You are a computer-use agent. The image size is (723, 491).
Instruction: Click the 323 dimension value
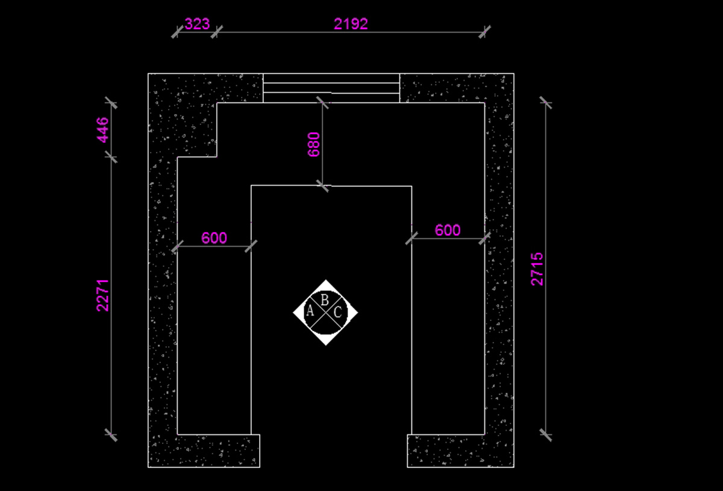pos(197,24)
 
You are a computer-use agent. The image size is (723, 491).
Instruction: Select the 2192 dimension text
pos(351,24)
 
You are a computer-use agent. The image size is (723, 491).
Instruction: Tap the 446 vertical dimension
pos(102,130)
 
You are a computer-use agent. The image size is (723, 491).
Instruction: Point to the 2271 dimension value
pos(102,294)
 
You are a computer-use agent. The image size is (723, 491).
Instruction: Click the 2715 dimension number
pos(537,269)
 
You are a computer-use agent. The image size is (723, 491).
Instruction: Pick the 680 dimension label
pos(314,145)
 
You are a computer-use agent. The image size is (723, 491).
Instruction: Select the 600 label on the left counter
pos(214,238)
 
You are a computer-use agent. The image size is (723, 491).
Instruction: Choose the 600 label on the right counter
pos(448,230)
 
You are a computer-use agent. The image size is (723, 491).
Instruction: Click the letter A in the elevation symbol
pos(310,311)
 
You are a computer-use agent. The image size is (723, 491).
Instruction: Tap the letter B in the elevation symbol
pos(325,299)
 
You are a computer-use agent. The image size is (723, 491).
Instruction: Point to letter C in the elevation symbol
pos(338,312)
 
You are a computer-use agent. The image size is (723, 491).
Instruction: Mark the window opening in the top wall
pos(331,88)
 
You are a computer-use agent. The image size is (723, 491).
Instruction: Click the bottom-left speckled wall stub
pos(205,451)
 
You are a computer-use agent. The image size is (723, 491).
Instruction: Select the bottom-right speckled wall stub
pos(460,451)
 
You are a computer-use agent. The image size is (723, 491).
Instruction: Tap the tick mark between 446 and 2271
pos(111,157)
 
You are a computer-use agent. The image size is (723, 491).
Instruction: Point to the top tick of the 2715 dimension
pos(545,103)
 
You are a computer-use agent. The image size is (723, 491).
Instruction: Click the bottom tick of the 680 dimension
pos(323,186)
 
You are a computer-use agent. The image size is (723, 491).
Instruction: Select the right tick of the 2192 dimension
pos(484,31)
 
